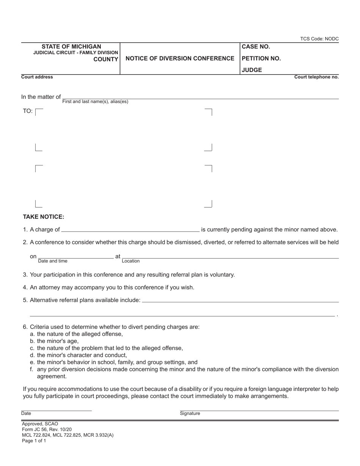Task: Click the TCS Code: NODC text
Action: pos(319,39)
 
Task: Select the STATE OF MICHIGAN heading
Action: pos(71,47)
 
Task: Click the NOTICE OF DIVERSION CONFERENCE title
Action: pos(180,58)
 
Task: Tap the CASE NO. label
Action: pos(256,47)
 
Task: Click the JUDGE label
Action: pos(252,70)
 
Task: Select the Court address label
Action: pos(37,77)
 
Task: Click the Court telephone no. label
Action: pos(316,77)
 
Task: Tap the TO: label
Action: pos(28,111)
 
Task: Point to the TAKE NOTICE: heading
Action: pos(44,217)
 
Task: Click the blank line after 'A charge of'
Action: pos(130,229)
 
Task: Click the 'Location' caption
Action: pos(131,261)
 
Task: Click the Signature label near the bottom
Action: pos(190,413)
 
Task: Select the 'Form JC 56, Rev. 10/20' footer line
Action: pos(47,430)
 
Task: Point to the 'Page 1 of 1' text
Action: pos(34,441)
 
